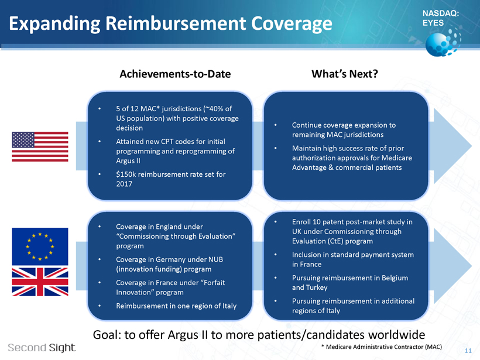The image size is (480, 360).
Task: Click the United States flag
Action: tap(40, 146)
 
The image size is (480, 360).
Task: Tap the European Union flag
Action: tap(40, 246)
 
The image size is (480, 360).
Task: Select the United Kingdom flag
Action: tap(40, 282)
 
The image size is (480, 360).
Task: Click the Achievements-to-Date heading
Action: tap(175, 74)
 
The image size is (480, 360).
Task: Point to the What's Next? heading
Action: tap(345, 74)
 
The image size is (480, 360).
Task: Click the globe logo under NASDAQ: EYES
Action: tap(443, 42)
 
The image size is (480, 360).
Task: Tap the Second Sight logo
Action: tap(42, 348)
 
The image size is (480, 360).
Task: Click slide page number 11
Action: tap(468, 351)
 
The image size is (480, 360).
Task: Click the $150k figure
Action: tap(126, 174)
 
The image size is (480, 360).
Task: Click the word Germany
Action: tap(170, 259)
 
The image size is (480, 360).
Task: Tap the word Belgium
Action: tap(395, 278)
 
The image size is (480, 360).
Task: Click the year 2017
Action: tap(124, 184)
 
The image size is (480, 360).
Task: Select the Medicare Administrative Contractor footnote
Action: tap(382, 347)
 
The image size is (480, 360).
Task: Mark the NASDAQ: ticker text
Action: tap(441, 13)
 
